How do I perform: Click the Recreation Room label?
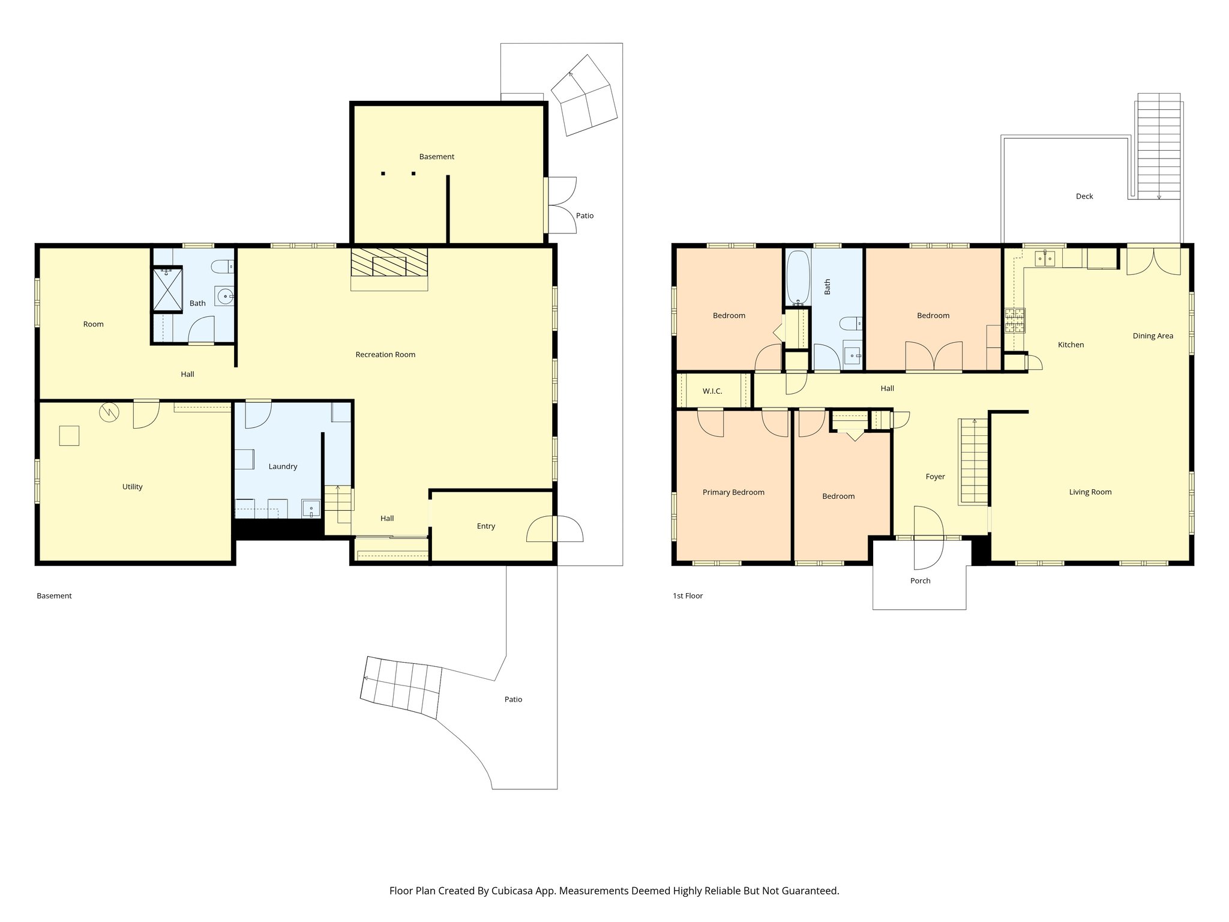pyautogui.click(x=385, y=355)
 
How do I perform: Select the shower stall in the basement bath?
pyautogui.click(x=167, y=290)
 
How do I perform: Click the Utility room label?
pyautogui.click(x=132, y=487)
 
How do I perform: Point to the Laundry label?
pyautogui.click(x=283, y=466)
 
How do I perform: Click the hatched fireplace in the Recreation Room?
pyautogui.click(x=389, y=264)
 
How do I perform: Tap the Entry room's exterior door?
pyautogui.click(x=554, y=529)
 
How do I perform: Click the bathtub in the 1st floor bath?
pyautogui.click(x=798, y=278)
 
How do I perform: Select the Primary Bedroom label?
pyautogui.click(x=733, y=492)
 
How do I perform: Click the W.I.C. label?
pyautogui.click(x=712, y=391)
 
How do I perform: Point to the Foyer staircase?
pyautogui.click(x=973, y=461)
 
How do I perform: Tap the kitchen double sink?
pyautogui.click(x=1045, y=258)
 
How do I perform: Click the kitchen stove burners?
pyautogui.click(x=1015, y=320)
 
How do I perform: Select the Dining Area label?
pyautogui.click(x=1153, y=336)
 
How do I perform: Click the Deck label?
pyautogui.click(x=1084, y=196)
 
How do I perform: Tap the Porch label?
pyautogui.click(x=920, y=581)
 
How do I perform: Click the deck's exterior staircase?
pyautogui.click(x=1159, y=147)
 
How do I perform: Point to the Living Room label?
pyautogui.click(x=1090, y=492)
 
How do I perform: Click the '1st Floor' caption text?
pyautogui.click(x=687, y=596)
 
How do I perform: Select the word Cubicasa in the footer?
pyautogui.click(x=514, y=891)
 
